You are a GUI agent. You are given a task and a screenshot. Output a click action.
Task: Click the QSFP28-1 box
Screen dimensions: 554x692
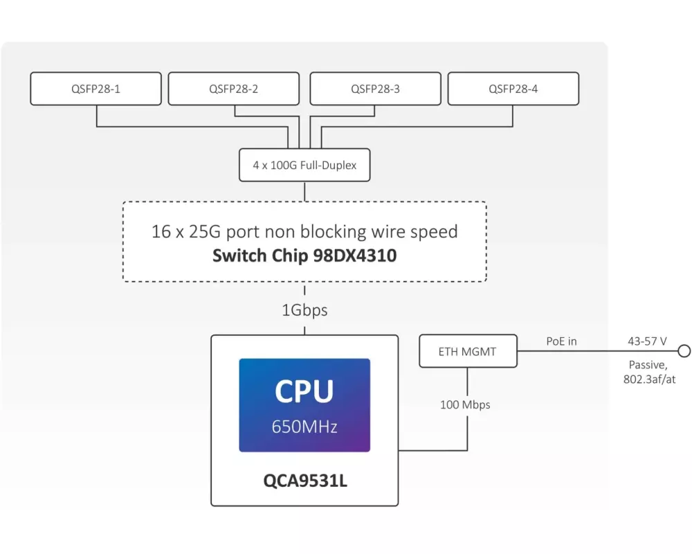click(96, 89)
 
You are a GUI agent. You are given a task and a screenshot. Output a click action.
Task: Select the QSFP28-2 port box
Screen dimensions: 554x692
click(234, 89)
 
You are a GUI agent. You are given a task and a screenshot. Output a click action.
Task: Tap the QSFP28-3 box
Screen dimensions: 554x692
click(375, 89)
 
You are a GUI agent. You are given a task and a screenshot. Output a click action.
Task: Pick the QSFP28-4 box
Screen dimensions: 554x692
click(513, 89)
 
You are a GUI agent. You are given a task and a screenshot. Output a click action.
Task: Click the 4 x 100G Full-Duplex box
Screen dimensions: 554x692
click(304, 166)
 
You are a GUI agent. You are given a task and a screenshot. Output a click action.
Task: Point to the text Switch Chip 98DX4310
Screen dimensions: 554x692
click(304, 256)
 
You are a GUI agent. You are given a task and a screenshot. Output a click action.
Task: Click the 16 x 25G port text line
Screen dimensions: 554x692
click(304, 231)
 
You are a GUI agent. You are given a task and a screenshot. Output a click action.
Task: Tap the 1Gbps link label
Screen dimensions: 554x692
click(304, 310)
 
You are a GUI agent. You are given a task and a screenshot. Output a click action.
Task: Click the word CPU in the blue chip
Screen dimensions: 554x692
click(304, 391)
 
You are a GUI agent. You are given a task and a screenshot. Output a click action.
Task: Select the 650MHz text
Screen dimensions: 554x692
click(304, 427)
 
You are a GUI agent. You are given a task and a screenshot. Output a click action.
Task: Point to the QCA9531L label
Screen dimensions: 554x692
click(304, 480)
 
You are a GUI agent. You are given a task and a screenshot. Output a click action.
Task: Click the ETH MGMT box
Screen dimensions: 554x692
click(468, 352)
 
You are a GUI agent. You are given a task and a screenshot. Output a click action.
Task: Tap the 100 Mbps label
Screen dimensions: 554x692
click(465, 404)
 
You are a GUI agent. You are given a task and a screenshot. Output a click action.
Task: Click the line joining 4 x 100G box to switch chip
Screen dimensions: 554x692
click(304, 191)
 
